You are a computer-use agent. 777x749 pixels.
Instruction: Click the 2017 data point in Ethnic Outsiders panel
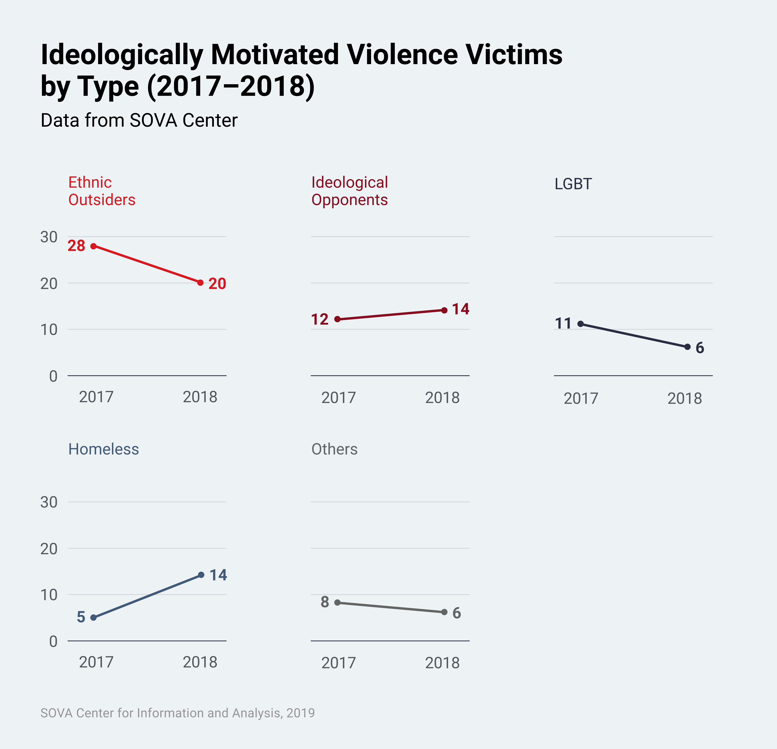pos(93,246)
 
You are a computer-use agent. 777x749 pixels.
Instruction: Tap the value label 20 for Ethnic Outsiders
pos(217,284)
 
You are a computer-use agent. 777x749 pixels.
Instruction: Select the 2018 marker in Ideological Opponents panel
pos(444,310)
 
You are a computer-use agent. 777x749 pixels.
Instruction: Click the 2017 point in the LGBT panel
pos(580,324)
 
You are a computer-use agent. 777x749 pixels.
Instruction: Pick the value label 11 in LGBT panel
pos(563,323)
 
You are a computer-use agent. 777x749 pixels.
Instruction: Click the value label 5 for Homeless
pos(81,617)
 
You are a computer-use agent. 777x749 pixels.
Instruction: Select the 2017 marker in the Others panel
pos(337,602)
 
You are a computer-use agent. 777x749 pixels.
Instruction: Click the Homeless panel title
pos(104,449)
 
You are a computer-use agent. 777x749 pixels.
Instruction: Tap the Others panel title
pos(334,449)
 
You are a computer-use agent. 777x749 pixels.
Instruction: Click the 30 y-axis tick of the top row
pos(49,237)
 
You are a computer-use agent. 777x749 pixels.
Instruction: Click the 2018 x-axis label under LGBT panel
pos(685,398)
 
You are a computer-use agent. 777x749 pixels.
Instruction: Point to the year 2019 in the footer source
pos(301,713)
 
